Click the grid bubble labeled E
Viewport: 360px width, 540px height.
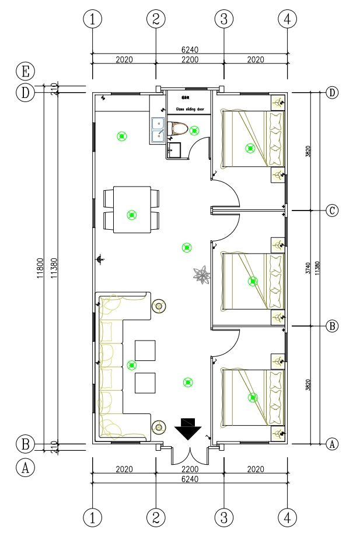click(x=25, y=72)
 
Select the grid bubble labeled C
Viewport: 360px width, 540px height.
click(x=332, y=211)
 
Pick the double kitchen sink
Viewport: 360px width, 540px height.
click(x=158, y=129)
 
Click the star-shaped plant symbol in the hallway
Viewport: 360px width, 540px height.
click(x=202, y=275)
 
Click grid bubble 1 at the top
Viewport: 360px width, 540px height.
click(x=92, y=19)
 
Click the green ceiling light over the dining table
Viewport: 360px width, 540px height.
click(x=132, y=215)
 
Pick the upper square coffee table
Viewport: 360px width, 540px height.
click(x=145, y=350)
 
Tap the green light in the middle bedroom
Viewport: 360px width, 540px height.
click(x=252, y=281)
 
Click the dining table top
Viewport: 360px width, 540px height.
click(x=132, y=209)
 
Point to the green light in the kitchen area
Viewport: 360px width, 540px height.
click(x=122, y=136)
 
